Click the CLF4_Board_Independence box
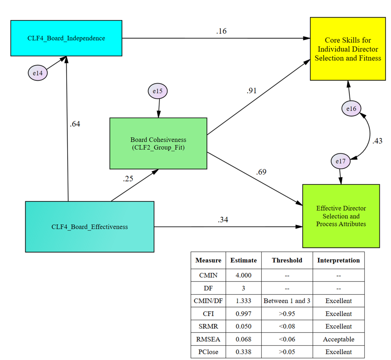[x=66, y=38]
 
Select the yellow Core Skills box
[x=348, y=49]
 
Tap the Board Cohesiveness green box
[x=158, y=143]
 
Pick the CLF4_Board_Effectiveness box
[x=90, y=227]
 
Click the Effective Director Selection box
[x=341, y=216]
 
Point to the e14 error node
[x=38, y=73]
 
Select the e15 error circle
[x=158, y=91]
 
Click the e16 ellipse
[x=351, y=109]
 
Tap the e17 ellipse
[x=341, y=161]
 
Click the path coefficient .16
[x=221, y=31]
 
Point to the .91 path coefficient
[x=252, y=91]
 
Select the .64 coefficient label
[x=75, y=124]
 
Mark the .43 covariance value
[x=377, y=141]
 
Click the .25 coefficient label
[x=128, y=179]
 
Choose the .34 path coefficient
[x=223, y=220]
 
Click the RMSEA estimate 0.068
[x=243, y=339]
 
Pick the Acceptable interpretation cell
[x=338, y=339]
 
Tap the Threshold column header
[x=287, y=260]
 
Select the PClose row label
[x=208, y=352]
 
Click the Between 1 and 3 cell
[x=287, y=301]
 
